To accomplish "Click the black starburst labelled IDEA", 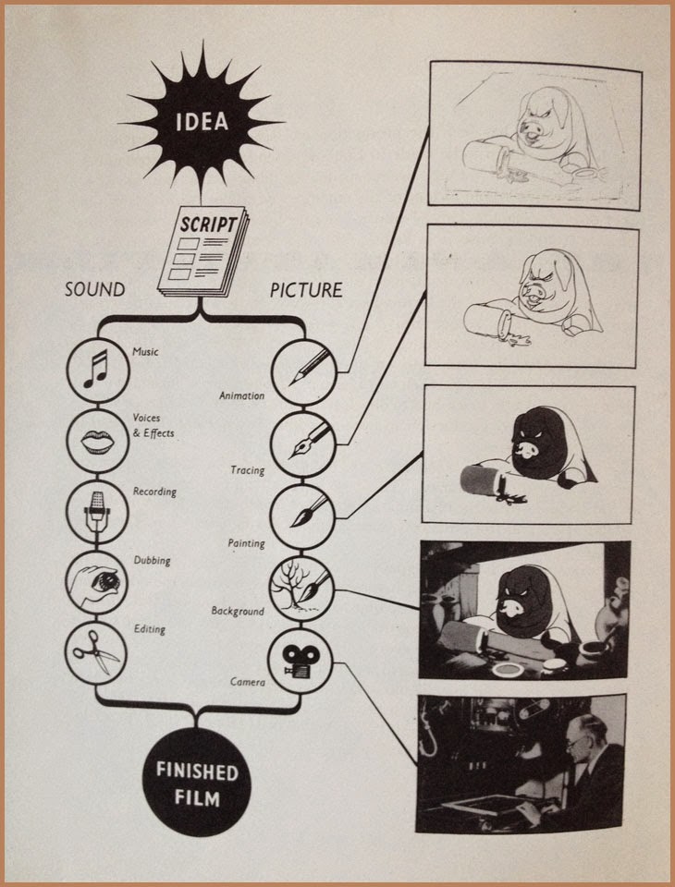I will click(x=201, y=121).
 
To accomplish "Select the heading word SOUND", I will click(x=95, y=289).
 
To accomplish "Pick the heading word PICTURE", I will click(x=305, y=289).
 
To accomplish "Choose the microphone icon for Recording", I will click(x=95, y=511).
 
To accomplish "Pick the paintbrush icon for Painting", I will click(x=301, y=511).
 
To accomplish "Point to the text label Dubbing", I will click(x=153, y=560).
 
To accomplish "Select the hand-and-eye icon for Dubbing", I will click(x=95, y=582).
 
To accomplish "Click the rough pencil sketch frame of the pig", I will click(x=534, y=134).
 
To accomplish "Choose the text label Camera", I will click(x=248, y=683).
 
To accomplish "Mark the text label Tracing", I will click(x=247, y=470).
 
